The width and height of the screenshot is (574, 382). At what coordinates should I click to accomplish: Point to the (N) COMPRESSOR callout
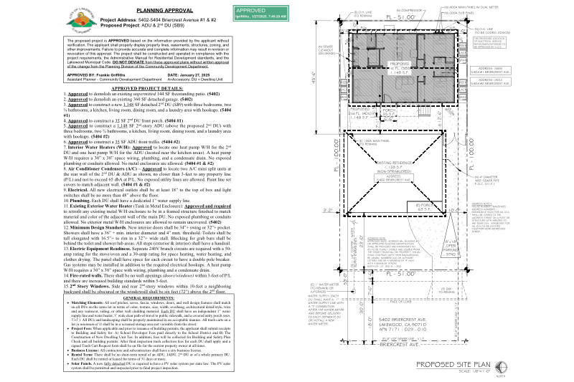coord(394,9)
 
